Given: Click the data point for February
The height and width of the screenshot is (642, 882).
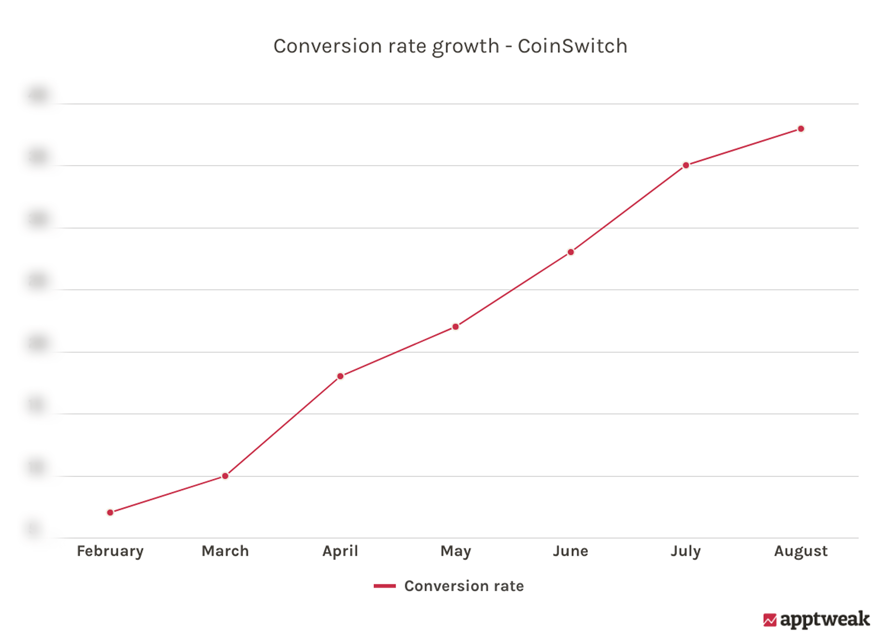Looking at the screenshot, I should coord(110,512).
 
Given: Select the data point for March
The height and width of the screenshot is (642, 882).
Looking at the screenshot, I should coord(225,476).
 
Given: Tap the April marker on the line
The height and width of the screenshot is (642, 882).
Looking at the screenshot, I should coord(340,376).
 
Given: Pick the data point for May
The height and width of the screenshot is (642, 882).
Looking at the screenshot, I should coord(455,326).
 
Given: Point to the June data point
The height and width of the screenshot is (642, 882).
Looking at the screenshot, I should coord(571,252).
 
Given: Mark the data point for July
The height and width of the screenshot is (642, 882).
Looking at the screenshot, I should coord(686,165).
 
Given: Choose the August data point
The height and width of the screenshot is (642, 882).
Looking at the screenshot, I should coord(801,129).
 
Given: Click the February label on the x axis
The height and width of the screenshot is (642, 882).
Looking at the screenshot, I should coord(110,551).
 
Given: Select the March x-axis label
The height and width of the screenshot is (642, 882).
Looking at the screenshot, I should coord(225,551).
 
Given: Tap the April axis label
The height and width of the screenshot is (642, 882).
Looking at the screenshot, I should coord(340,551).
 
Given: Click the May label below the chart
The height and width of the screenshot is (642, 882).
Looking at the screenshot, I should coord(455,551).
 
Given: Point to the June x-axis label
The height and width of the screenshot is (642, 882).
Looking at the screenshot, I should coord(571,551).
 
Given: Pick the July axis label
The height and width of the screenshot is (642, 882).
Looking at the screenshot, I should coord(685,551).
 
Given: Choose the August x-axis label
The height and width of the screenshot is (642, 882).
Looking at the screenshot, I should coord(800,551).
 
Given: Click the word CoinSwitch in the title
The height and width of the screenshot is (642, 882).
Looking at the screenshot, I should coord(572,46).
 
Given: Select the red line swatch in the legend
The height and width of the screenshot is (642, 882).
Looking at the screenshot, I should coord(385,586).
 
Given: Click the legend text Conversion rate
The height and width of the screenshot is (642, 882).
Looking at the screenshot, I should coord(464,586).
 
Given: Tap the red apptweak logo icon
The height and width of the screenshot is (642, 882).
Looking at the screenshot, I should coord(769,620).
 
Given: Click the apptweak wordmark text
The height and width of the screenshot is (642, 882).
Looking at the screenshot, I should coord(825,619).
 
